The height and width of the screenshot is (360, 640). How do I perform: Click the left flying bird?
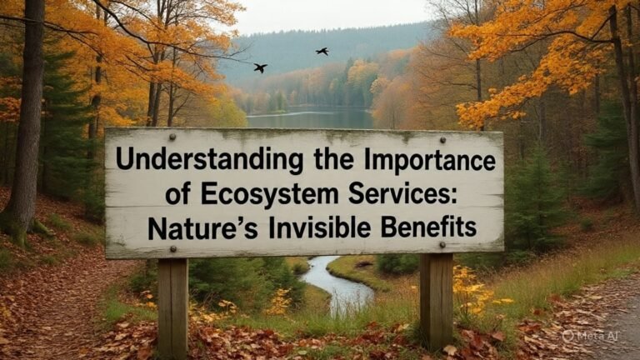click(x=260, y=67)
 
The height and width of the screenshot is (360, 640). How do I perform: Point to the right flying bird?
click(x=322, y=52)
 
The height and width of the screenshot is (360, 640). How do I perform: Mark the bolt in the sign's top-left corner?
click(x=172, y=136)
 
